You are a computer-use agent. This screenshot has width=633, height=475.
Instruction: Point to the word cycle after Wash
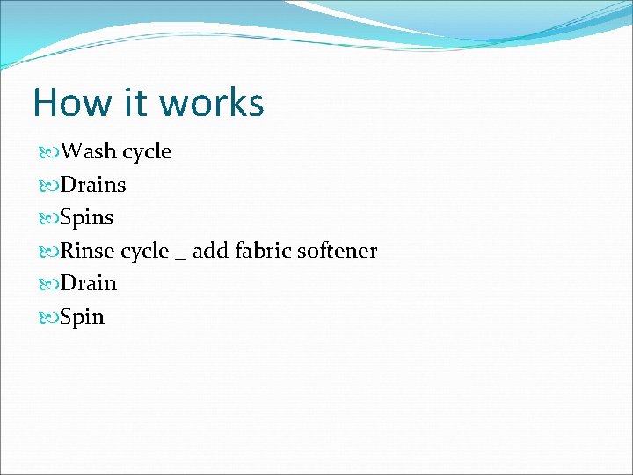click(x=147, y=152)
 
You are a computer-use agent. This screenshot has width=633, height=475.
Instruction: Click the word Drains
click(x=93, y=185)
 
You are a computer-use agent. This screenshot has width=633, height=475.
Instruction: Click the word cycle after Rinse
click(x=144, y=252)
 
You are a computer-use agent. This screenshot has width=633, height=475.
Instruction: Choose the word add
click(x=209, y=251)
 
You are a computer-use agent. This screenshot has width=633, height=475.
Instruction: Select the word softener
click(x=337, y=251)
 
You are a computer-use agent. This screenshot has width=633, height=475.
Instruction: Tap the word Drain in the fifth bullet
click(x=89, y=283)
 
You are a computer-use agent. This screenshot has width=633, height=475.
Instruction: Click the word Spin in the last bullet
click(x=83, y=318)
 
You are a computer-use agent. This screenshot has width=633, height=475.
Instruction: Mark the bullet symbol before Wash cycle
click(x=49, y=152)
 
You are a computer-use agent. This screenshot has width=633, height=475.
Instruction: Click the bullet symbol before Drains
click(x=49, y=186)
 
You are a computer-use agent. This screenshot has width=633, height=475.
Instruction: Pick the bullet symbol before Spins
click(x=49, y=218)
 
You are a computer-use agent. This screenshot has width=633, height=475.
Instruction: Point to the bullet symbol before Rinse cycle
click(x=49, y=252)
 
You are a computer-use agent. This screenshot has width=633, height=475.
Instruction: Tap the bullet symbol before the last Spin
click(x=49, y=318)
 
